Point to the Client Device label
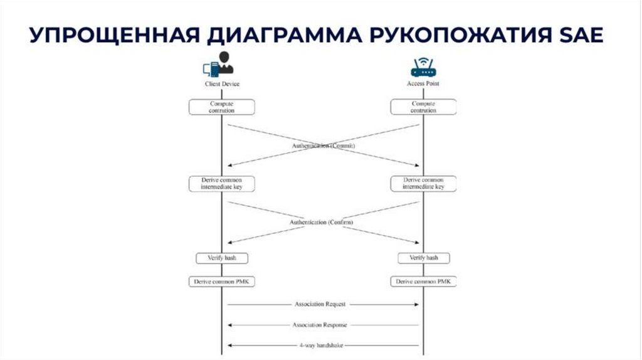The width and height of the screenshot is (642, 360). point(222,83)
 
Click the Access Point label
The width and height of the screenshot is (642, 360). point(423,83)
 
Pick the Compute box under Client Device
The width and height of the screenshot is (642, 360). point(222,107)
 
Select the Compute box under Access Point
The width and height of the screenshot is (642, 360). point(423,107)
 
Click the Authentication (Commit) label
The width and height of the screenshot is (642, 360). point(323,146)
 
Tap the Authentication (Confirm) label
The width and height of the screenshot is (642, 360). point(322,222)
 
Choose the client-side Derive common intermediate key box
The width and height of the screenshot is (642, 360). point(222,183)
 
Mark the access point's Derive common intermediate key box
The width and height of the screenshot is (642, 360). point(423,183)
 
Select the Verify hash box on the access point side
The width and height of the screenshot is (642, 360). point(424,258)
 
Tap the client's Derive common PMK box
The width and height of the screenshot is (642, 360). point(222,282)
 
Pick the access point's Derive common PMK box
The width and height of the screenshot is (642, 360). point(424,282)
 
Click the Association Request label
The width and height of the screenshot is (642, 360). point(320,304)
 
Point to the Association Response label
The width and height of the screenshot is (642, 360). point(320,325)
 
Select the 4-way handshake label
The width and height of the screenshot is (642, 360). point(320,346)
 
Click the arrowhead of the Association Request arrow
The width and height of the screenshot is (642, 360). point(416,304)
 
